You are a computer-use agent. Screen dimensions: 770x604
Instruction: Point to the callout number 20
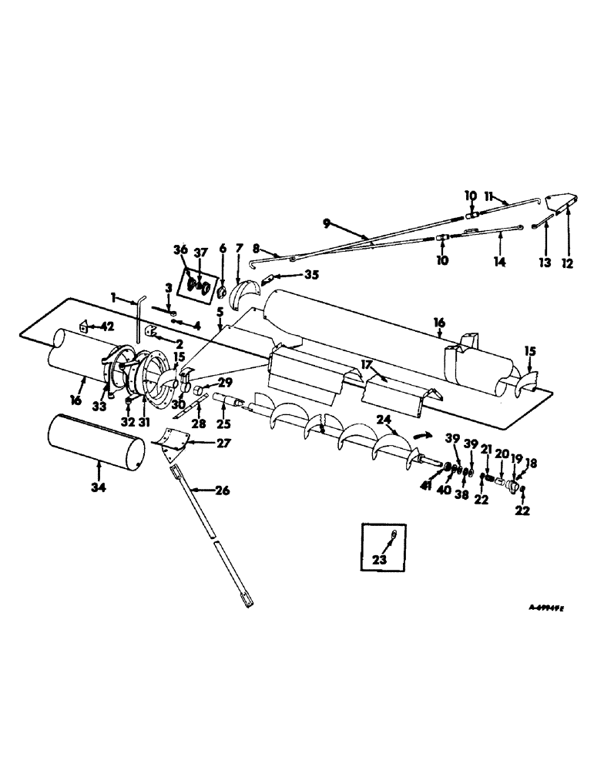click(x=502, y=454)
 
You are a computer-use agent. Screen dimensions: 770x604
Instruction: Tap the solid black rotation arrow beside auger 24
click(x=420, y=435)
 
